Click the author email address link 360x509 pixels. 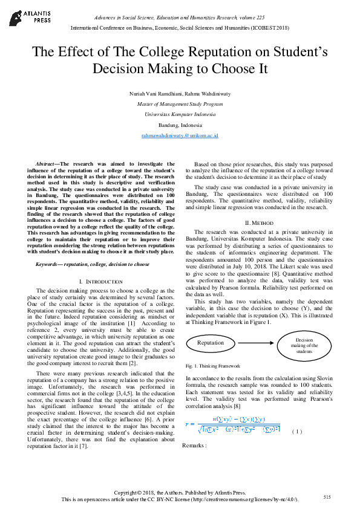coord(180,137)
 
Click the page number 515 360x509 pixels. coord(327,496)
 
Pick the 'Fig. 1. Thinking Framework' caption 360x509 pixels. coord(213,366)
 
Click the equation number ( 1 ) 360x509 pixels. coord(296,431)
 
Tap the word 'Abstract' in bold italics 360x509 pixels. coord(47,164)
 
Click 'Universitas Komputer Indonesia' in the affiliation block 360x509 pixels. coord(180,114)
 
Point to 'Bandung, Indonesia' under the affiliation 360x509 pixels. coord(180,125)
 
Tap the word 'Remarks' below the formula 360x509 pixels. coord(194,446)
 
